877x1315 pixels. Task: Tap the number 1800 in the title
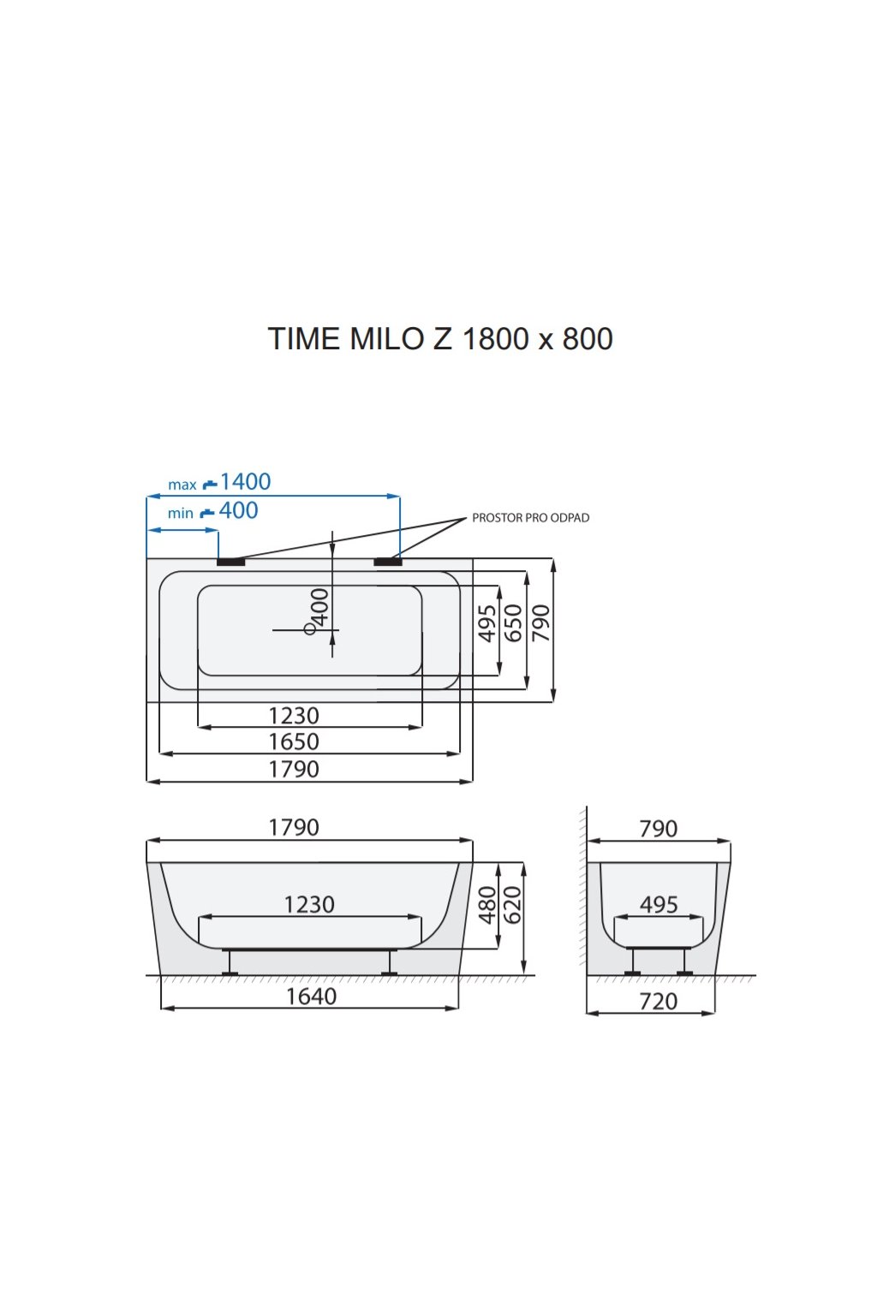tap(496, 339)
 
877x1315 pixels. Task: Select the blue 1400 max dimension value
tap(245, 481)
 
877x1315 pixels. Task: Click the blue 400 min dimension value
tap(238, 510)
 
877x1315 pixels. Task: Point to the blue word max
tap(182, 485)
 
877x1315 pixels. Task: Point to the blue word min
tap(180, 514)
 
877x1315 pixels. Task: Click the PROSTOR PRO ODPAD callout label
tap(530, 518)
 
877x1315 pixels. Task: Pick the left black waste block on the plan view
tap(230, 562)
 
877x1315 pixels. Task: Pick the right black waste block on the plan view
tap(388, 562)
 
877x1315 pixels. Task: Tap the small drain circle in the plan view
tap(309, 629)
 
